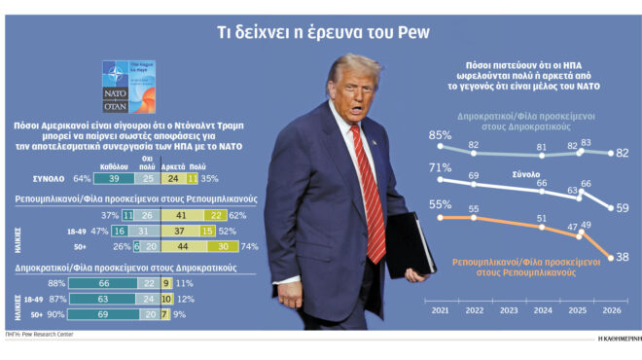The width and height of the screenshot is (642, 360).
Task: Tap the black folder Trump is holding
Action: click(408, 243)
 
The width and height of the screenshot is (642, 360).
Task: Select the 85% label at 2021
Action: click(440, 135)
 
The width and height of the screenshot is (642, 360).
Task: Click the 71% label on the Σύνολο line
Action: click(440, 168)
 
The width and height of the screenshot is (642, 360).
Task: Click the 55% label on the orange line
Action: click(440, 204)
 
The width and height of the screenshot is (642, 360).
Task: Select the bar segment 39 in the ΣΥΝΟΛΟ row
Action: click(114, 179)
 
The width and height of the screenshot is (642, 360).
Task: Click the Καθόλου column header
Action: click(114, 165)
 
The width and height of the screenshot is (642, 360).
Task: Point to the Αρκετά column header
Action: click(175, 165)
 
